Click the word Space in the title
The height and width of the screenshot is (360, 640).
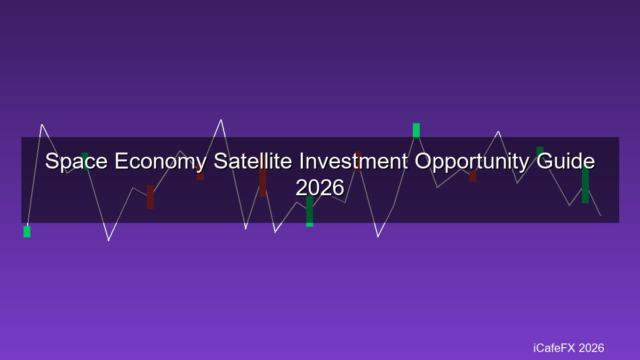76,162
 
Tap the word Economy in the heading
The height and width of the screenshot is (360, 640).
161,162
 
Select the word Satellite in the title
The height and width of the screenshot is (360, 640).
253,161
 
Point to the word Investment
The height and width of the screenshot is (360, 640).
354,161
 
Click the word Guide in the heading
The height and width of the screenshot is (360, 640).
565,161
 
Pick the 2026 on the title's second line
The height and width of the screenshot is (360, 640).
320,187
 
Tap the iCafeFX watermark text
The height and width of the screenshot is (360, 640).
554,348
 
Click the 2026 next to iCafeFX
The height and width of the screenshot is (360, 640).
591,348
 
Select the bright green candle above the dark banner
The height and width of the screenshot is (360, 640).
417,131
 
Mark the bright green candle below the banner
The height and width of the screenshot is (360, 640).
27,231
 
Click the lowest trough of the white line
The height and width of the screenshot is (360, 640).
109,241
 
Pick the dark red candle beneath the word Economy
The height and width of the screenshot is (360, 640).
150,197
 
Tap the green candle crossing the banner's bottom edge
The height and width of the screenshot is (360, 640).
309,211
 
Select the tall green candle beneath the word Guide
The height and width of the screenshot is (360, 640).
585,185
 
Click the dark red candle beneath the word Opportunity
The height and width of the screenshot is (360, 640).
473,177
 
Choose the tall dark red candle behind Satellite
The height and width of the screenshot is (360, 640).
263,178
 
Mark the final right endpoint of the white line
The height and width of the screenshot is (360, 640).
601,215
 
